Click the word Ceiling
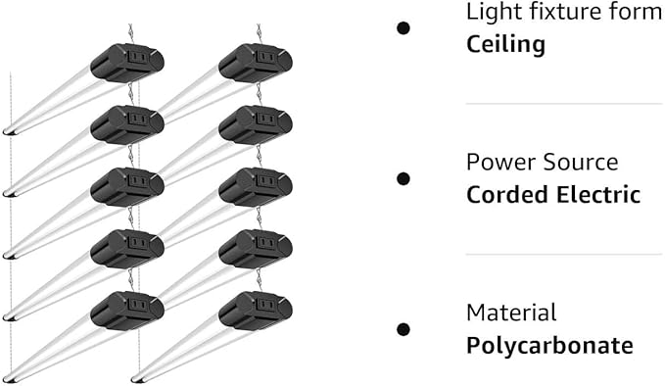[x=505, y=45]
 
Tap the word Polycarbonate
[x=549, y=346]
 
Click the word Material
[x=511, y=313]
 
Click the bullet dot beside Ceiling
[x=403, y=28]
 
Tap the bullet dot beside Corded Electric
[x=403, y=178]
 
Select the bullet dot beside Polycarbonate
[x=403, y=329]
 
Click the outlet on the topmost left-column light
[x=137, y=57]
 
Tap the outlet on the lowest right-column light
[x=266, y=304]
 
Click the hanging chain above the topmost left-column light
[x=131, y=33]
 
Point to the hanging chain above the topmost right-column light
[x=260, y=33]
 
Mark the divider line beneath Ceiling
[x=564, y=104]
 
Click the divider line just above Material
[x=564, y=255]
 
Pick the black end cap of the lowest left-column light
[x=10, y=379]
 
